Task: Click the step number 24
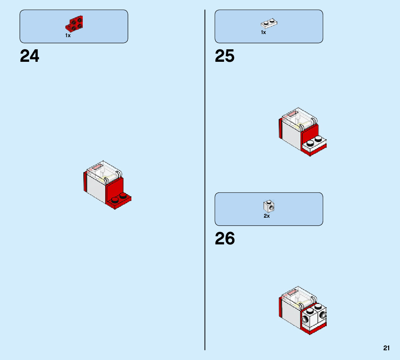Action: point(30,56)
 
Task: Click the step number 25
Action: point(225,56)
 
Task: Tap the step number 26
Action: point(225,239)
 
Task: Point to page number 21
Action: point(386,348)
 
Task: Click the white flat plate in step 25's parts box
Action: point(269,24)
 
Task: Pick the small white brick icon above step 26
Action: point(269,206)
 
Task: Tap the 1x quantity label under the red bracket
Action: point(68,35)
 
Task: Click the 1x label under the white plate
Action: point(263,32)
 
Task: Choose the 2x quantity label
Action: point(267,216)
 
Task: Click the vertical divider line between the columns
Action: point(205,174)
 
